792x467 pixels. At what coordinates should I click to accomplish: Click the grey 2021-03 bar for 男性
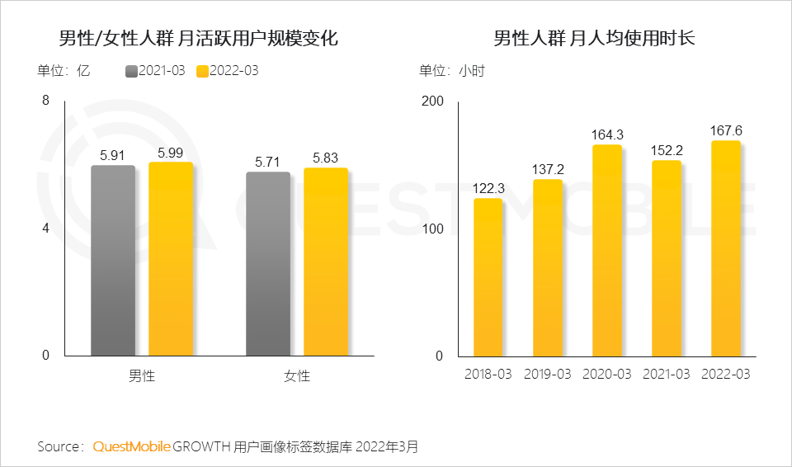coord(113,261)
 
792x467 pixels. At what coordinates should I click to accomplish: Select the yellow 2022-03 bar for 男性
coord(171,259)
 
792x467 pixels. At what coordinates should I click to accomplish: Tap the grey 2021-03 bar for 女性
coord(268,264)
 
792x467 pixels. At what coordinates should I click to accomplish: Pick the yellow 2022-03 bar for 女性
coord(326,262)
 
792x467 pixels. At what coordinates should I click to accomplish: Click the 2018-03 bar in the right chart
coord(488,277)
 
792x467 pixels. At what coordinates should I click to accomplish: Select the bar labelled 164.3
coord(607,251)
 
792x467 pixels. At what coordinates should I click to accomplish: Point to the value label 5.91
coord(113,154)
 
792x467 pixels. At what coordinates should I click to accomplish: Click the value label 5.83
coord(326,157)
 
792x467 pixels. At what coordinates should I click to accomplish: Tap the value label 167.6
coord(726,130)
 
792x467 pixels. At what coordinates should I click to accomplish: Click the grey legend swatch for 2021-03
coord(131,71)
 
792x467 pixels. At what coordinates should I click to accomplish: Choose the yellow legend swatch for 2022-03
coord(202,71)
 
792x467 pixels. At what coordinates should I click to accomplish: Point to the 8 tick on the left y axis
coord(45,101)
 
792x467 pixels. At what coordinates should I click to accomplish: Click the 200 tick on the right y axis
coord(432,101)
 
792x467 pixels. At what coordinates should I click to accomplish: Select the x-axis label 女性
coord(297,376)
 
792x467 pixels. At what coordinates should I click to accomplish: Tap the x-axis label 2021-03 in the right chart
coord(667,374)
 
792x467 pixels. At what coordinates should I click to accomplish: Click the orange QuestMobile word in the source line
coord(132,446)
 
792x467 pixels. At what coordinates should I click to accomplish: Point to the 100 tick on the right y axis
coord(432,229)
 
